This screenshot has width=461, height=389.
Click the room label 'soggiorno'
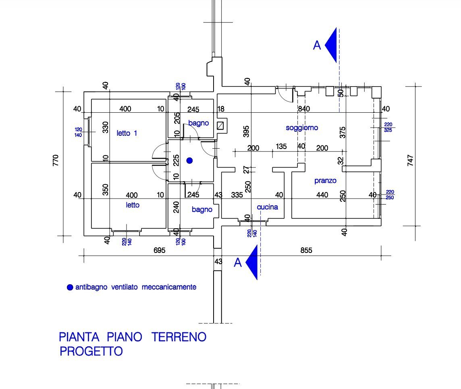click(x=302, y=128)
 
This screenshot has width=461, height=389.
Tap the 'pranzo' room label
click(x=325, y=181)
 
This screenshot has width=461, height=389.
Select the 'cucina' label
click(x=267, y=207)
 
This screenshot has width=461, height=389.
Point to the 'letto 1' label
click(x=127, y=133)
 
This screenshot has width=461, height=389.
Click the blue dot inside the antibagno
click(x=189, y=161)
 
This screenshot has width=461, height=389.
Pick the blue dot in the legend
click(x=70, y=288)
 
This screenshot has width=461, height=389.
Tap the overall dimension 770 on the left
click(x=56, y=160)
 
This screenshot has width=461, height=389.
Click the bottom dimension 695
click(x=160, y=250)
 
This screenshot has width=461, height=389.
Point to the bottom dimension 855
click(x=306, y=250)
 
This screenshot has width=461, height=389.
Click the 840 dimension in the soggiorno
click(x=303, y=109)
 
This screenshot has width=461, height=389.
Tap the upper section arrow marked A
click(x=331, y=45)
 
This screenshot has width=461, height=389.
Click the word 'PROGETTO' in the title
click(x=91, y=351)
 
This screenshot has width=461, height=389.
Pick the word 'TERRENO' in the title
click(x=179, y=337)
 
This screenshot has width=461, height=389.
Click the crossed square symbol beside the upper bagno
click(x=220, y=125)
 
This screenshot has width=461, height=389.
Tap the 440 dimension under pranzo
click(x=322, y=195)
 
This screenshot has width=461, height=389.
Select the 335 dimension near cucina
click(x=237, y=195)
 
